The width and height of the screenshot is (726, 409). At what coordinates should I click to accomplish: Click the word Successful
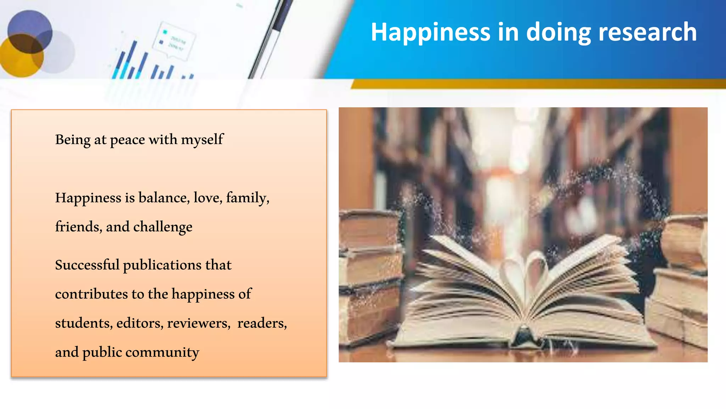[x=87, y=265]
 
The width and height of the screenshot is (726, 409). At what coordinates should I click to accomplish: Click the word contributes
[x=91, y=294]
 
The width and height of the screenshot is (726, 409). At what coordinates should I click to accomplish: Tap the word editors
[x=140, y=323]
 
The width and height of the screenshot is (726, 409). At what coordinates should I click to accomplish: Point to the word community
[x=162, y=353]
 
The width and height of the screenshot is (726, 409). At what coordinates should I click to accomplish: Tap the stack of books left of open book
[x=369, y=277]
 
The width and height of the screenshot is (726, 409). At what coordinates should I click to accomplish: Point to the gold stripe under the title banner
[x=532, y=84]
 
